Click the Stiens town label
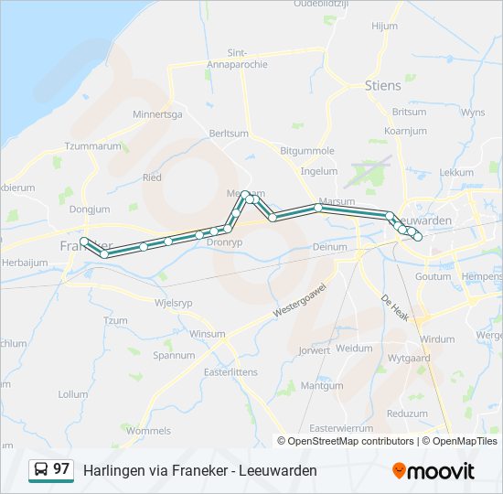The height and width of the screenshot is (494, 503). point(382,86)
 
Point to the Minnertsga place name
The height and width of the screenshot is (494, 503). point(157,114)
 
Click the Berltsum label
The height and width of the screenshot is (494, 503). point(229,133)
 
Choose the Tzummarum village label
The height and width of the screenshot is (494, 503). point(92,146)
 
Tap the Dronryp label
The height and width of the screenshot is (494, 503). point(225,243)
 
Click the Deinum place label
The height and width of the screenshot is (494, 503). point(330,247)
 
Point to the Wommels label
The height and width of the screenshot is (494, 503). point(148,430)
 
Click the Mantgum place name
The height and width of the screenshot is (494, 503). point(322,386)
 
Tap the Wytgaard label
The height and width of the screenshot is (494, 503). point(408,358)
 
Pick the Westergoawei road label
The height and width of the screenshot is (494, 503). point(300,299)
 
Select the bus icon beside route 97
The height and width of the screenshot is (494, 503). point(40,469)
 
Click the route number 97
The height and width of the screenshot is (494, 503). point(61,468)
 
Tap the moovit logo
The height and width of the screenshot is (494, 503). point(433,470)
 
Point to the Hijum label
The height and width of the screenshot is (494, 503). point(384,26)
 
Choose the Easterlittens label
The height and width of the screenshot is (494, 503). point(230,372)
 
